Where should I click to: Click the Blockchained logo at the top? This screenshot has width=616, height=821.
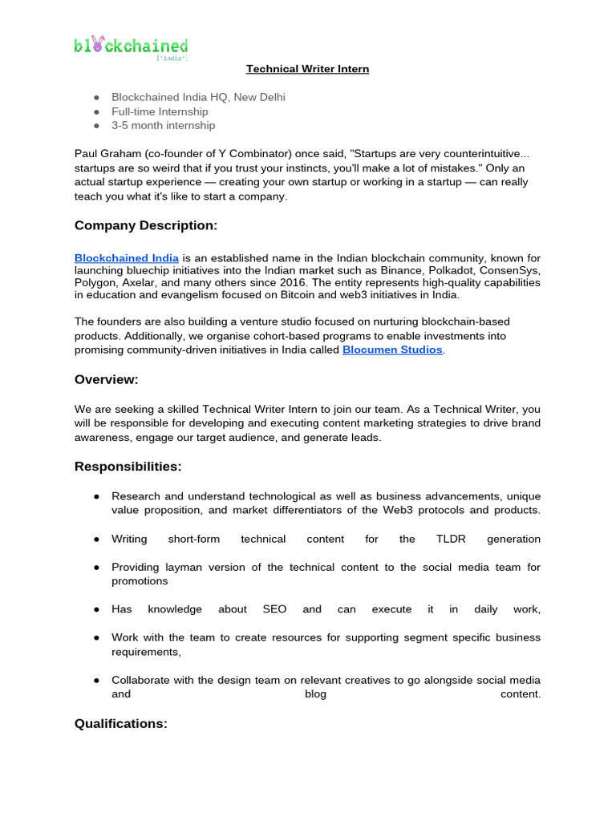131,47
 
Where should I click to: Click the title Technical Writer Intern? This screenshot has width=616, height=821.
307,69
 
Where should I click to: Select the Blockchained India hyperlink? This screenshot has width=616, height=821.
127,258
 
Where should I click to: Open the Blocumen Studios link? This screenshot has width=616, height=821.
392,350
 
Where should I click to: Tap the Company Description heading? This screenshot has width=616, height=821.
146,226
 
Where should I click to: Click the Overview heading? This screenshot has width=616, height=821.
107,379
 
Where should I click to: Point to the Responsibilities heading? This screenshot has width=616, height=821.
128,467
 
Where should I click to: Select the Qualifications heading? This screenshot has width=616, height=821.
121,724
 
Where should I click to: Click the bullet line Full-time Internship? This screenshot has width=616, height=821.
160,111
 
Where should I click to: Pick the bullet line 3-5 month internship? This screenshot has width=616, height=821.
163,125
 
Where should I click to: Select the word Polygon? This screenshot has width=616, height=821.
95,283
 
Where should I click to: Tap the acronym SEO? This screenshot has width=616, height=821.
274,609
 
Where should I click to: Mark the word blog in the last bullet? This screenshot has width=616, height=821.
316,694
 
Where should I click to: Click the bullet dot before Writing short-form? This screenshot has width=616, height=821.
95,540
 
